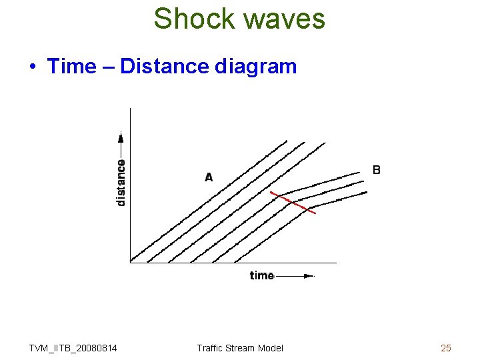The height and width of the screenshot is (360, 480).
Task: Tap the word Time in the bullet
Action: coord(71,67)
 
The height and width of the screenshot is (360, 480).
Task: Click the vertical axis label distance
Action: coord(121,182)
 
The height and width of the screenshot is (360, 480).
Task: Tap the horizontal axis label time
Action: coord(262,275)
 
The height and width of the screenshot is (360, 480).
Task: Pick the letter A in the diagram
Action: coord(209,177)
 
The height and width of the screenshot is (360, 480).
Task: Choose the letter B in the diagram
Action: coord(377,170)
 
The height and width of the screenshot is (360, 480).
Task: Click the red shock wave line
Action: coord(293,202)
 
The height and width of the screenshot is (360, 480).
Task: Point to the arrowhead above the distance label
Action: coord(121,138)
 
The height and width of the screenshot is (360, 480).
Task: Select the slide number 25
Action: coord(446,348)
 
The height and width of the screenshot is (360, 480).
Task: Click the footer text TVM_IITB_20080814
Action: coord(73,348)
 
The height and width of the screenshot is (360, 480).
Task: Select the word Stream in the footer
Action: coord(241,348)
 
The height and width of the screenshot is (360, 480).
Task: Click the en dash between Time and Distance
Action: coord(108,67)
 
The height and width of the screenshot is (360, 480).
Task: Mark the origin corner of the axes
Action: coord(130,263)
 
